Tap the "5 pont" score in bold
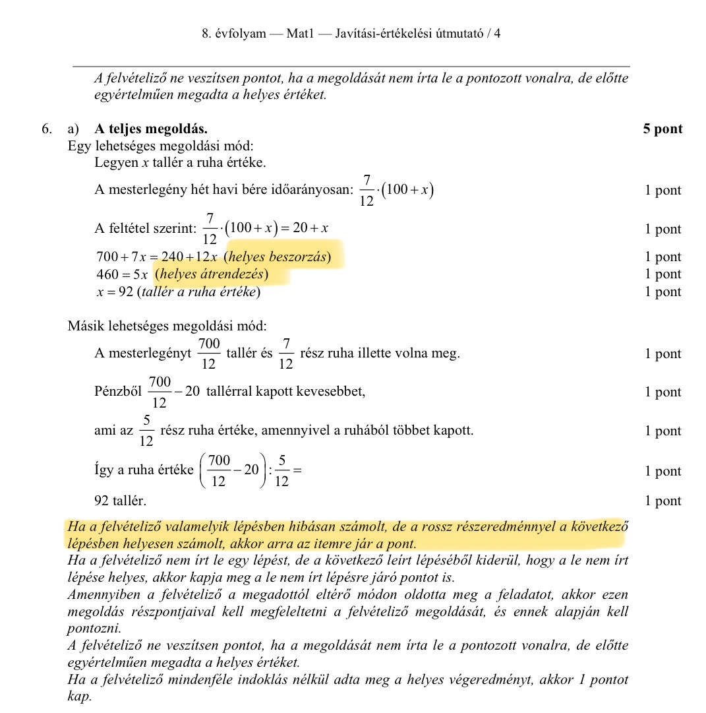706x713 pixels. [662, 129]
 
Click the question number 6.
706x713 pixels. [46, 129]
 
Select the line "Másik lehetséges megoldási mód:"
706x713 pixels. [167, 326]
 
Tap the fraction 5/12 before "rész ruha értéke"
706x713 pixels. [147, 431]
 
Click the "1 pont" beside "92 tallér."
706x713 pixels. [662, 501]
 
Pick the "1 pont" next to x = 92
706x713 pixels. [662, 292]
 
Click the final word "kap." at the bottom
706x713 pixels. [78, 697]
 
